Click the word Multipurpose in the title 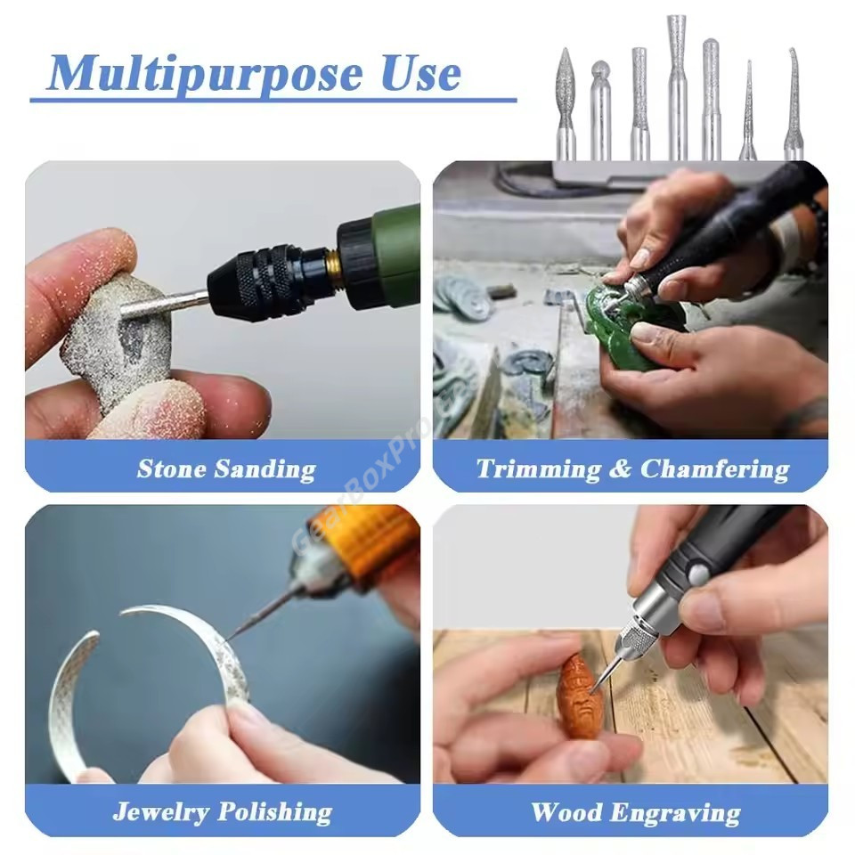205,74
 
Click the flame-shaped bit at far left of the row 566,103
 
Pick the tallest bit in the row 677,87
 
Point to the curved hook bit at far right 794,103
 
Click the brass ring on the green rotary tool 331,269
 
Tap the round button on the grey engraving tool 699,574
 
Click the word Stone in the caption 172,469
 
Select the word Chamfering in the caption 714,470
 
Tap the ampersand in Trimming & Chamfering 620,469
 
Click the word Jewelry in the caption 161,812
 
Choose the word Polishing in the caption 275,812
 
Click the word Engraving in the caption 675,813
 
